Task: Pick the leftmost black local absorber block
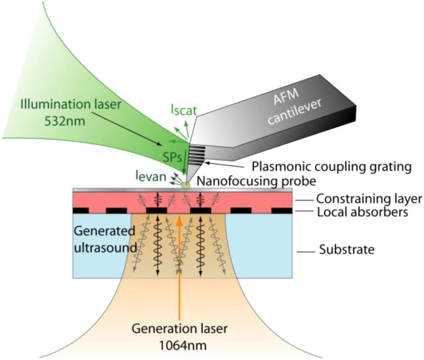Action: click(x=81, y=210)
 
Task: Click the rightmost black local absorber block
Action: click(x=282, y=210)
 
